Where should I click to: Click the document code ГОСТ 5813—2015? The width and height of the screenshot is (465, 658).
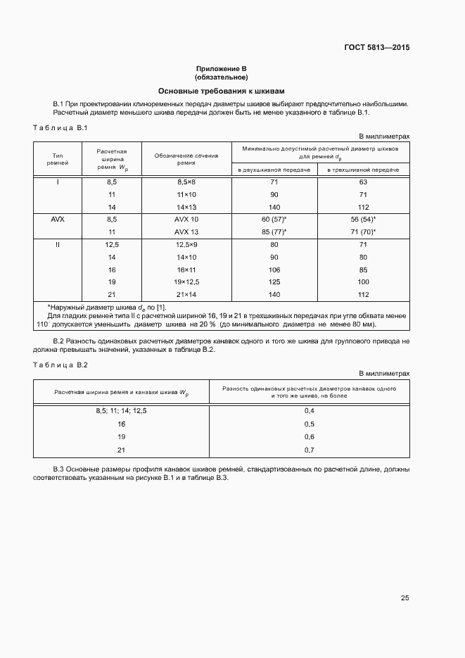click(376, 48)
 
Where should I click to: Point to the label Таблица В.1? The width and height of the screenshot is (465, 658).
click(60, 127)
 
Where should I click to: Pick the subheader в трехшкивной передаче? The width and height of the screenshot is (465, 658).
click(363, 170)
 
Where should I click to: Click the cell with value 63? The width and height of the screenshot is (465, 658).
click(363, 182)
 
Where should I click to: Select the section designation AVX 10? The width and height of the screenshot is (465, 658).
click(186, 220)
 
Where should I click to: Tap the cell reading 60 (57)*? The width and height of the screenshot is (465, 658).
click(274, 220)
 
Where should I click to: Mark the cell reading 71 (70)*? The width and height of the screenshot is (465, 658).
click(363, 232)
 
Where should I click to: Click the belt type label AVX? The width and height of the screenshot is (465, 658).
click(58, 220)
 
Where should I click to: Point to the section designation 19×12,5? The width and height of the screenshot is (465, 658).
click(186, 281)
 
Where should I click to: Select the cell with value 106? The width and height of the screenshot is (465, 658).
click(274, 270)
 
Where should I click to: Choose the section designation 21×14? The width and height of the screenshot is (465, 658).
click(186, 294)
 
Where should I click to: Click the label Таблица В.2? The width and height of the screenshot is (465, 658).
click(60, 365)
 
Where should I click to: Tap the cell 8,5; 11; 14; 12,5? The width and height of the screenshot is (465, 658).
click(122, 410)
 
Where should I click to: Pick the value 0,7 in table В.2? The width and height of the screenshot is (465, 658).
click(309, 450)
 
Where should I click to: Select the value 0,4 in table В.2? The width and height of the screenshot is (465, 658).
click(309, 410)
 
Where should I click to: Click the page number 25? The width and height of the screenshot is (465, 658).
click(405, 598)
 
